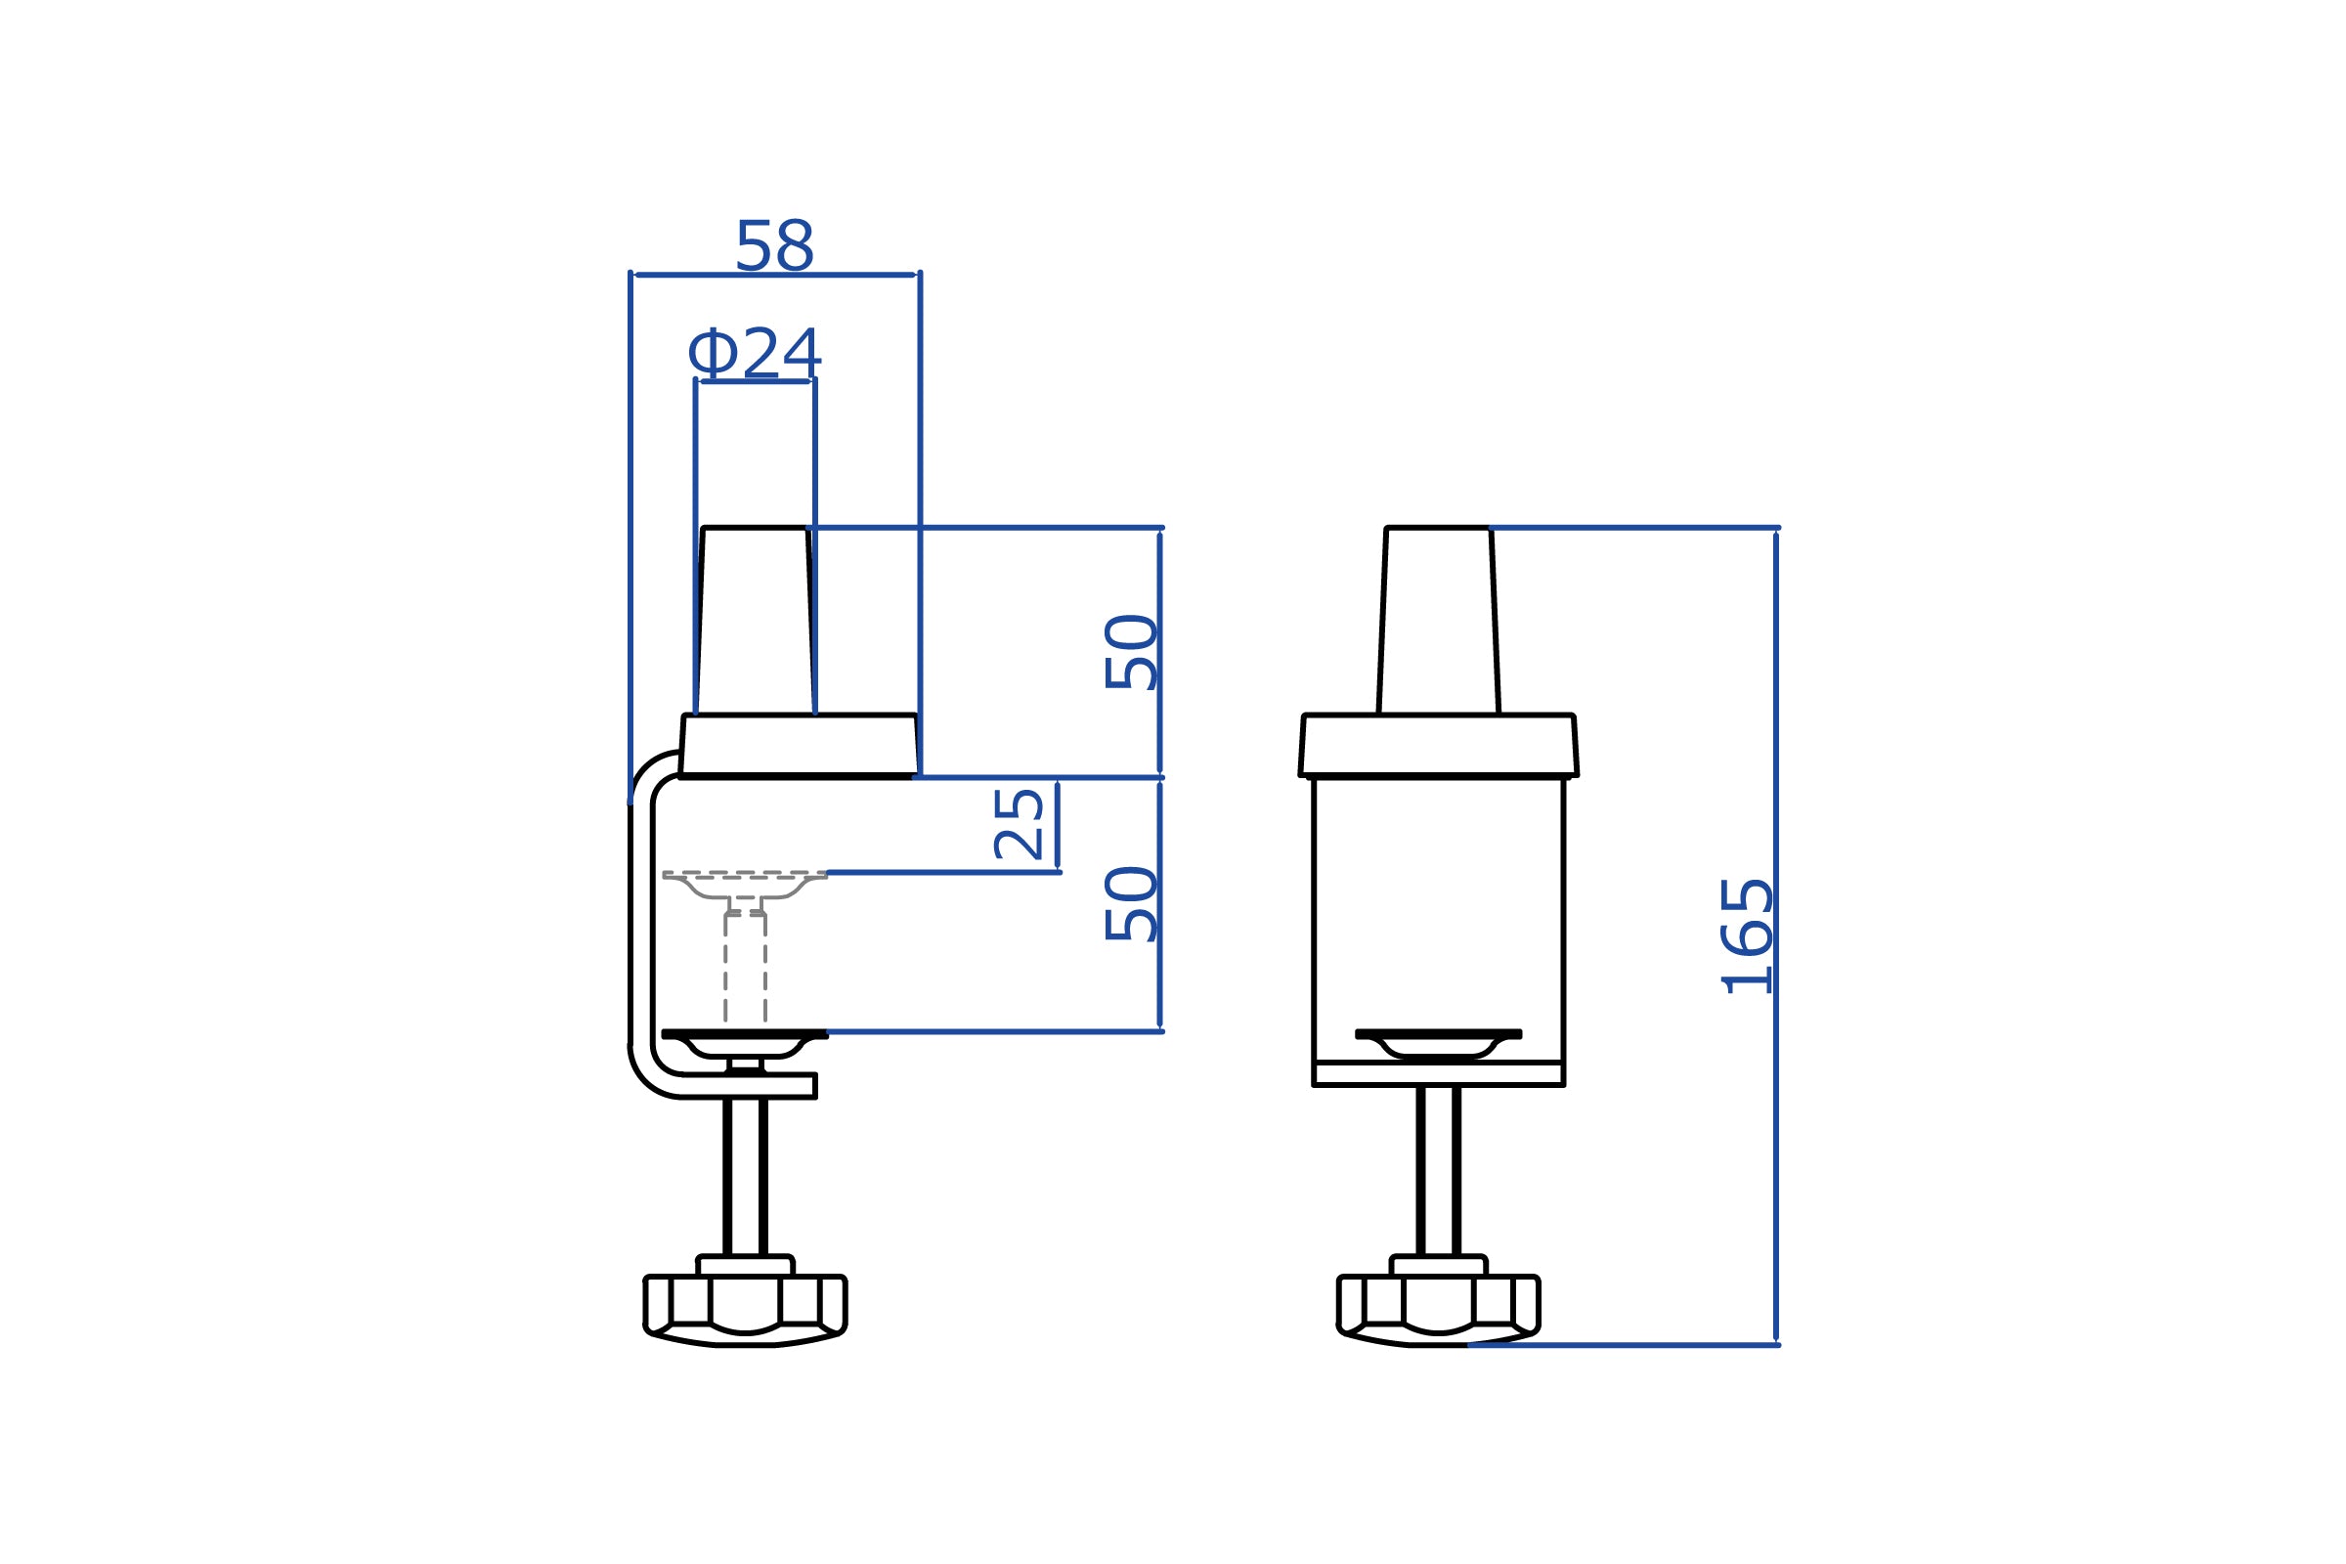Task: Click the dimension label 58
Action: click(774, 245)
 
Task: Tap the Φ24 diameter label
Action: click(754, 352)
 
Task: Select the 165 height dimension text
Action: click(1747, 936)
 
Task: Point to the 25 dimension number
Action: click(1019, 824)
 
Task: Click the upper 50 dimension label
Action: click(1130, 652)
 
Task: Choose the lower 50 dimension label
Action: click(1130, 903)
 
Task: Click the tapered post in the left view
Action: click(755, 621)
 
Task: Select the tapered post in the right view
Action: click(1438, 621)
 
